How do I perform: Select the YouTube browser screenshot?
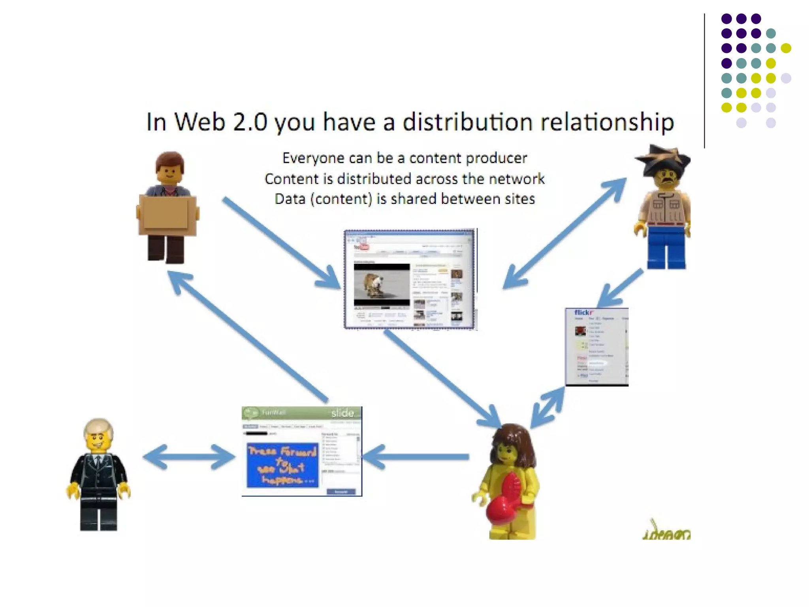410,279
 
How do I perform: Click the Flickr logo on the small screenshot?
583,313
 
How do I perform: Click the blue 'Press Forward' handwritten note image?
282,465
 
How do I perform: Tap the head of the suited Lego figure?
98,435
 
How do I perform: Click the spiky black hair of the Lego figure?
663,158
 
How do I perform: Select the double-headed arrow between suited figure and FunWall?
189,457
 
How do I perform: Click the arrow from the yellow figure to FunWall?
415,457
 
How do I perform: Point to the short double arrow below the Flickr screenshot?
547,407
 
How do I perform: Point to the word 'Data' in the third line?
290,199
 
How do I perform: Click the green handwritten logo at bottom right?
666,532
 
